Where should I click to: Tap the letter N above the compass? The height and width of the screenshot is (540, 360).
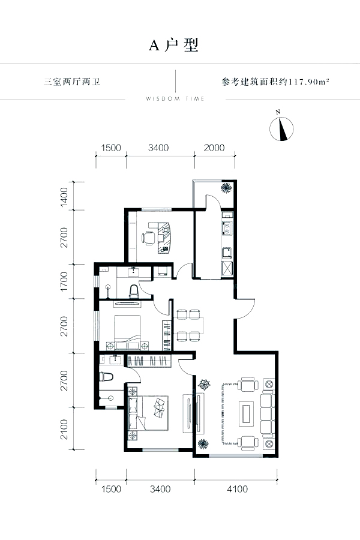tap(278, 112)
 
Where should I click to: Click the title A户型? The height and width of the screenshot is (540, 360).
tap(174, 45)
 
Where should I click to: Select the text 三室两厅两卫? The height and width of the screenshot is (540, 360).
tap(72, 82)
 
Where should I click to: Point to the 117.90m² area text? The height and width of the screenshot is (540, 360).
tap(308, 82)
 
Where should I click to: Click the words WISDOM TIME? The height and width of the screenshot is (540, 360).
tap(175, 99)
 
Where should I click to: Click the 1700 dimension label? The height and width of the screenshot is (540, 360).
tap(64, 282)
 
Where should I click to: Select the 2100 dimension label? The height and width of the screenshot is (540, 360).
tap(64, 430)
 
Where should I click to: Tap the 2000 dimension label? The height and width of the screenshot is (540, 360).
tap(214, 148)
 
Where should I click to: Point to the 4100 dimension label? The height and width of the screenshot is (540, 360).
tap(238, 489)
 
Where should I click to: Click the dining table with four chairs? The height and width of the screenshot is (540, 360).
tap(189, 325)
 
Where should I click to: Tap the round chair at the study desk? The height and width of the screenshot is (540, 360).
tap(148, 238)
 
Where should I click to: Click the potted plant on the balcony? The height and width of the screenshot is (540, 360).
tap(226, 188)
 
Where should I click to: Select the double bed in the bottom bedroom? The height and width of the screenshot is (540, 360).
tap(148, 413)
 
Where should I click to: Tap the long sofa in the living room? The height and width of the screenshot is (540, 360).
tap(268, 413)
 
